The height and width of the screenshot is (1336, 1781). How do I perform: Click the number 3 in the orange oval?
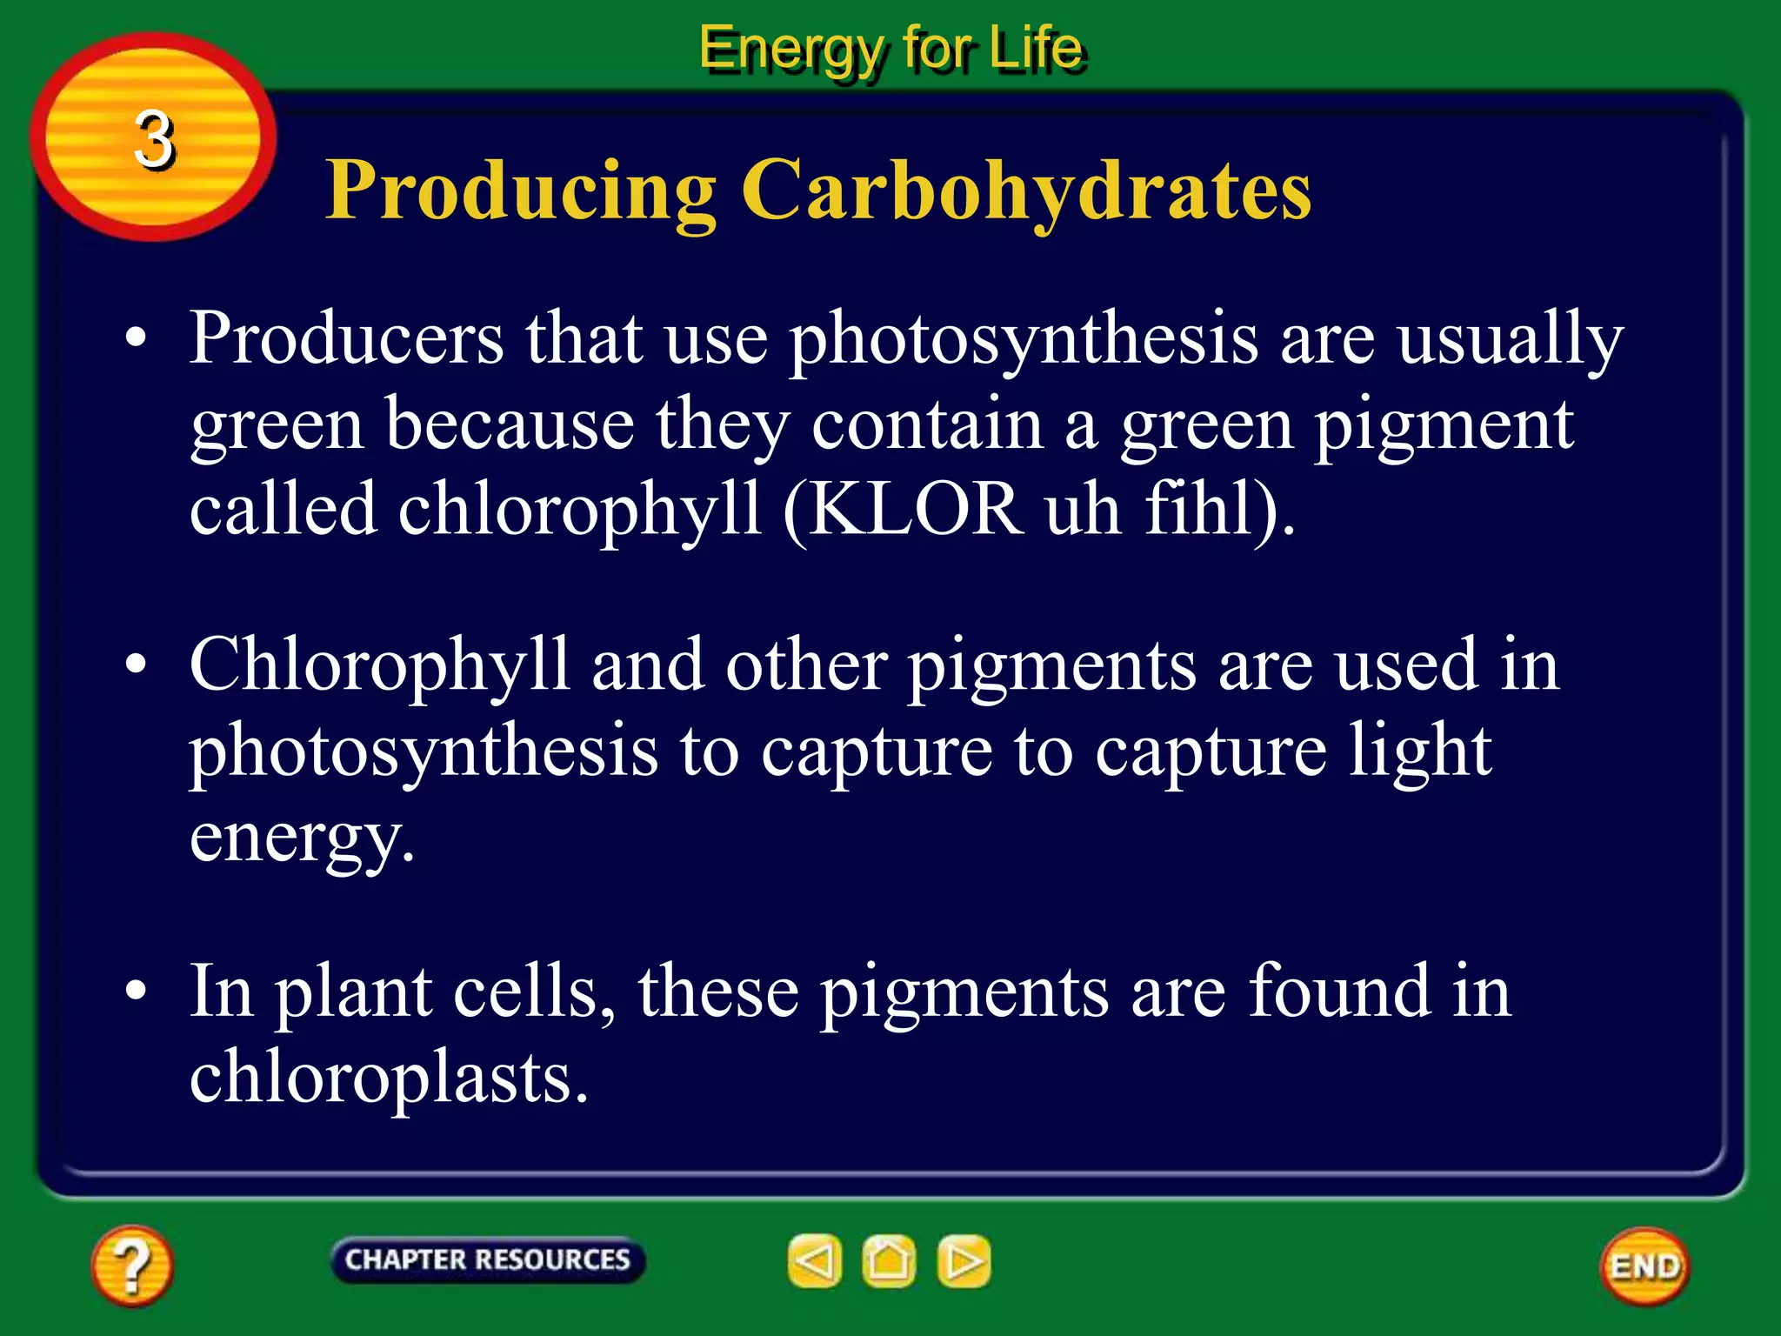(154, 139)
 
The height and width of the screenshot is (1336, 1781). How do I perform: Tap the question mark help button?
(132, 1266)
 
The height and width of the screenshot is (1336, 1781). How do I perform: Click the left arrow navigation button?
(815, 1260)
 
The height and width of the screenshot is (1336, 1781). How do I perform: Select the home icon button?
(889, 1260)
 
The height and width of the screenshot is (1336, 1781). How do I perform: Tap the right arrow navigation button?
(964, 1260)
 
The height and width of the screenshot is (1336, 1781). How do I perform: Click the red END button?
(1644, 1266)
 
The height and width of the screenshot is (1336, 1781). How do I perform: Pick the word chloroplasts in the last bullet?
(389, 1077)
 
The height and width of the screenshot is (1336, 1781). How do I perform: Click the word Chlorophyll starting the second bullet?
(379, 665)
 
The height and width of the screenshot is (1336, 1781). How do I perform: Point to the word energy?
(301, 837)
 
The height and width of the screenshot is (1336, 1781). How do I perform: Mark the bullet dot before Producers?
(136, 338)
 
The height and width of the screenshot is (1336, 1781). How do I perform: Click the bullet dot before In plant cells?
(136, 991)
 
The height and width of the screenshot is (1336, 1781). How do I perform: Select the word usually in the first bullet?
(1511, 339)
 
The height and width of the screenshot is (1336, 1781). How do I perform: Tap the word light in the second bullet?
(1420, 750)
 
